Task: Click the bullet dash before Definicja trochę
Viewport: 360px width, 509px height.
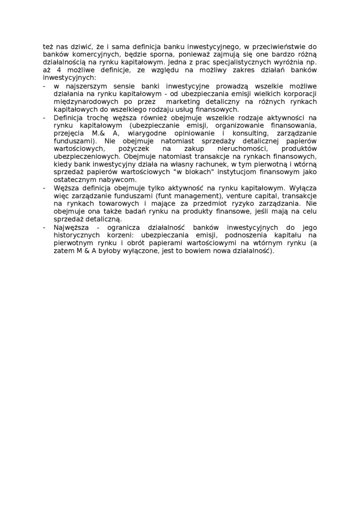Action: tap(45, 117)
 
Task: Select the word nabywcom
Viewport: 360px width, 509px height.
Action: tap(119, 180)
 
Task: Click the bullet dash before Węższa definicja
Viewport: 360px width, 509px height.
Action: tap(45, 188)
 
